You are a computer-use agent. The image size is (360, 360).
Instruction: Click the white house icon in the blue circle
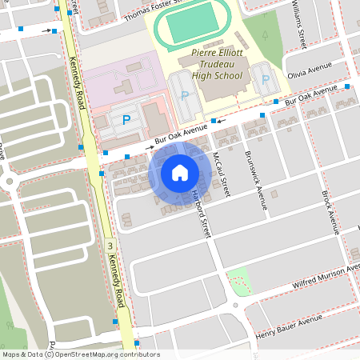[x=180, y=172]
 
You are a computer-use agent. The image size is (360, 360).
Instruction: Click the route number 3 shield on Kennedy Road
[x=110, y=244]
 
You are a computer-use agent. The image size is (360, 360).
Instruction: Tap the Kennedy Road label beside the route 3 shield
[x=118, y=281]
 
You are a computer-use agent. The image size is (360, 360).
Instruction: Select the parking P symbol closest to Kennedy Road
[x=126, y=120]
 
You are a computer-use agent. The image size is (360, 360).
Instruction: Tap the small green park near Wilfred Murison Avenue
[x=238, y=281]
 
